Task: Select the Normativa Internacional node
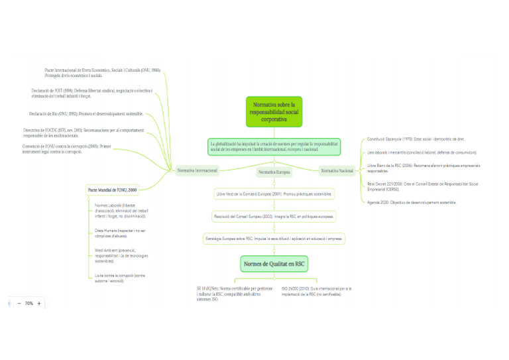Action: coord(197,170)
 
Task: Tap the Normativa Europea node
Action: coord(274,172)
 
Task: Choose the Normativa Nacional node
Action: coord(337,171)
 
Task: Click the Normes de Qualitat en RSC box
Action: coord(274,264)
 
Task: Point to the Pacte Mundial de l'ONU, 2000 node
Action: coord(113,190)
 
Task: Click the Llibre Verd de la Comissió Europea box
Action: coord(274,194)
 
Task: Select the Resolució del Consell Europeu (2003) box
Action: coord(274,216)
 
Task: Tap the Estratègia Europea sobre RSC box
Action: coord(274,238)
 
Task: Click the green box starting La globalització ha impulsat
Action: coord(274,147)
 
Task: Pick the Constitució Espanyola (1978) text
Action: coord(416,140)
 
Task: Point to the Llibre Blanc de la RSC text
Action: coord(423,167)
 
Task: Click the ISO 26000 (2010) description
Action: coord(316,291)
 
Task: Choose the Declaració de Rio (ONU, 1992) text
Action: coord(86,114)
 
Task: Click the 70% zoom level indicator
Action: coord(29,304)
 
